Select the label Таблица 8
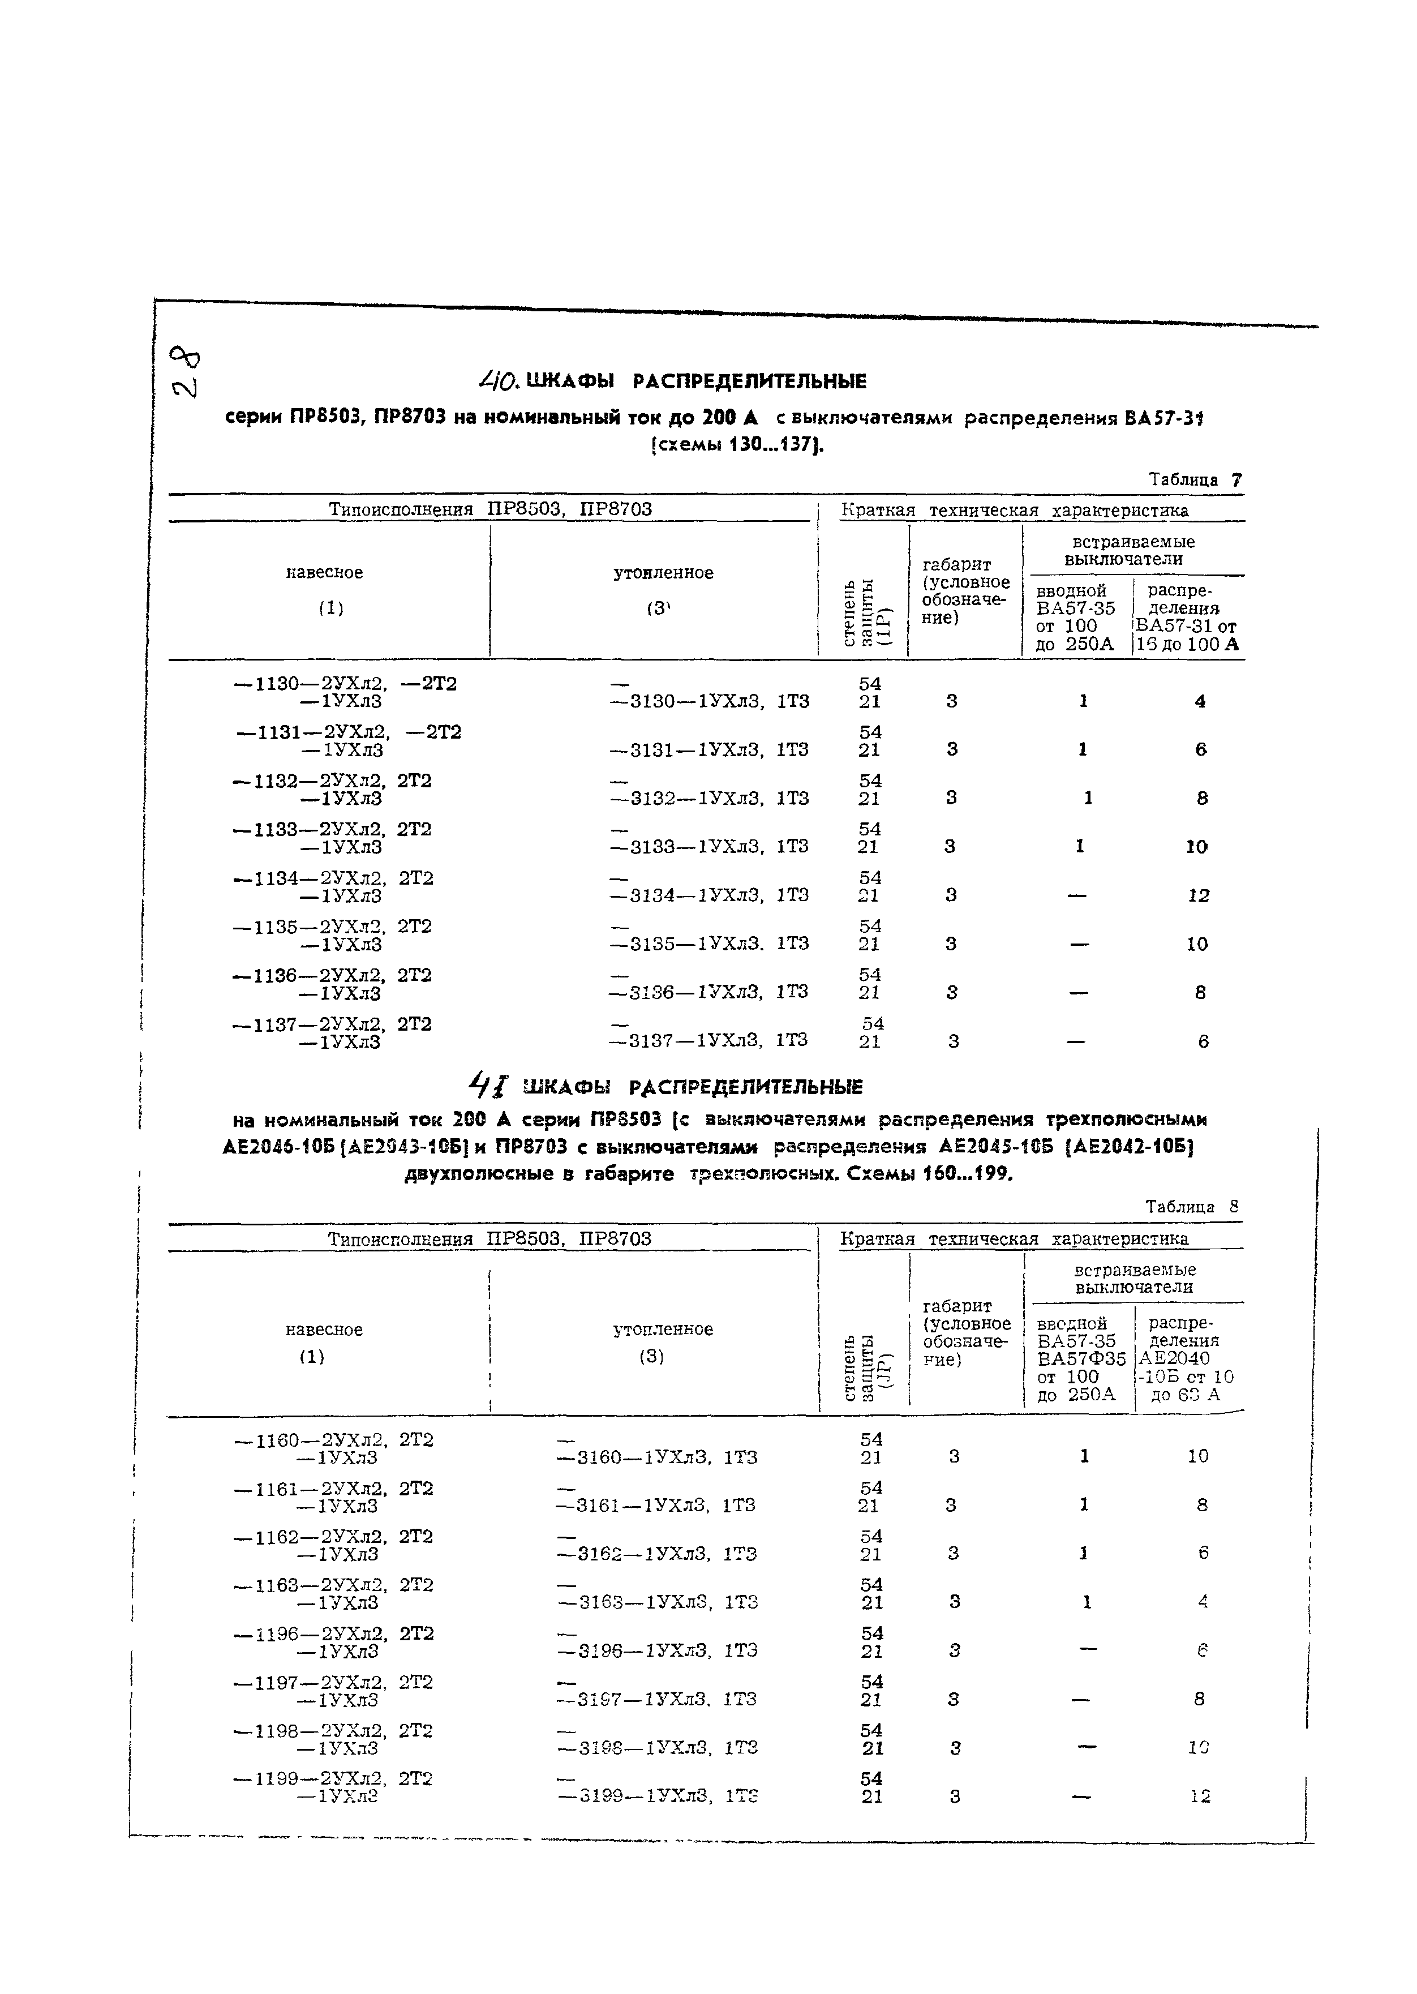tap(1192, 1207)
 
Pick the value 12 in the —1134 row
tap(1199, 895)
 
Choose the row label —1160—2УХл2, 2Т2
tap(334, 1439)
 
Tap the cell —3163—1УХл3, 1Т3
tap(656, 1602)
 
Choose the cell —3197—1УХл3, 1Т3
tap(656, 1699)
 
